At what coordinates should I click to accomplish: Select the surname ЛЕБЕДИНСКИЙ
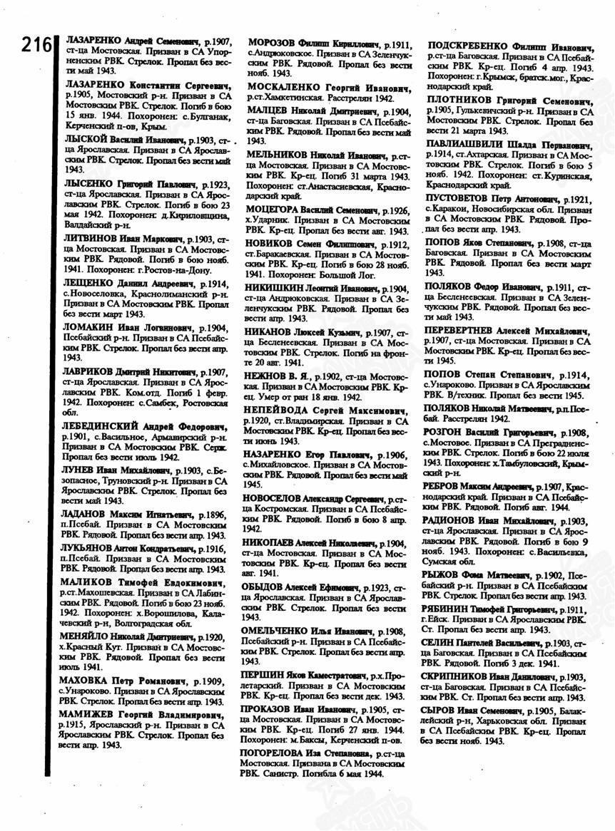click(x=99, y=427)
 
